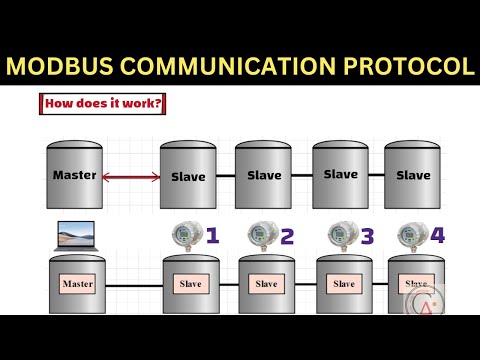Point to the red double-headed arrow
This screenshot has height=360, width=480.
(x=131, y=178)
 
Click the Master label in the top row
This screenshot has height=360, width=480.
(x=75, y=175)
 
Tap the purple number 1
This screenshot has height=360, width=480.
(x=211, y=236)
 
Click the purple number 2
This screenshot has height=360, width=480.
(x=287, y=237)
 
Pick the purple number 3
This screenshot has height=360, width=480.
(x=367, y=237)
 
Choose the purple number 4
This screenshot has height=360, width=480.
(x=437, y=237)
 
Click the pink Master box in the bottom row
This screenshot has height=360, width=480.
(x=78, y=284)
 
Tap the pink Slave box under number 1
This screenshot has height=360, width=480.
(x=190, y=284)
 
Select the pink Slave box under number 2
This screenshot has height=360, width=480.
(x=266, y=284)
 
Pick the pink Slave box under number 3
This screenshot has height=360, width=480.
(x=344, y=284)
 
